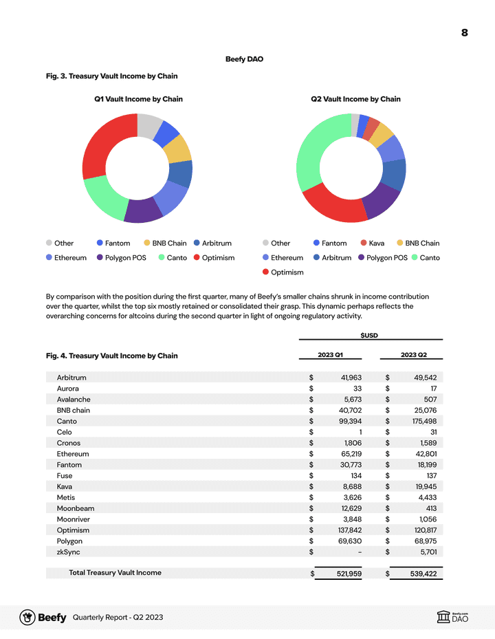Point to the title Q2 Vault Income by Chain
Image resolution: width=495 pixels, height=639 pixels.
tap(355, 99)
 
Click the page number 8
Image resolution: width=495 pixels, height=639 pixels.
tap(464, 33)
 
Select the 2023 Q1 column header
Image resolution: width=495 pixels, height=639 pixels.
tap(330, 355)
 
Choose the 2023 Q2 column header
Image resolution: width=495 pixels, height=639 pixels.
tap(413, 355)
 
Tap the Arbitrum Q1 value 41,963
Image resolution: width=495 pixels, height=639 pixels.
tap(347, 378)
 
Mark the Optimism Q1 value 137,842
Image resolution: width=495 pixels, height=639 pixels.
tap(346, 530)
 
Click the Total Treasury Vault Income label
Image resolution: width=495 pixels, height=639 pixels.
tap(115, 572)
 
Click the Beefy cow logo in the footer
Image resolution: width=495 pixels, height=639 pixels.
tap(27, 618)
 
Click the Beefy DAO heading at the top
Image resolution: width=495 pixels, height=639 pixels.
tap(244, 59)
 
